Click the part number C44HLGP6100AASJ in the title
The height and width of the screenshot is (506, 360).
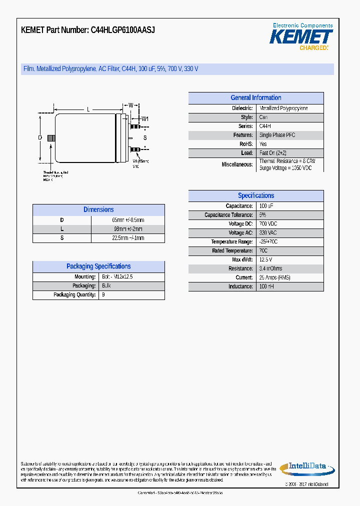122,30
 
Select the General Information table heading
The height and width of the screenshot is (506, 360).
255,98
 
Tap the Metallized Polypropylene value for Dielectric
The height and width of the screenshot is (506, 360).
283,108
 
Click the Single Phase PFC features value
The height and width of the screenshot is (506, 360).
277,135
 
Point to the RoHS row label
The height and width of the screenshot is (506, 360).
245,144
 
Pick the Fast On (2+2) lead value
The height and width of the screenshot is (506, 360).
272,153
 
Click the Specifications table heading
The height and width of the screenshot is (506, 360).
255,196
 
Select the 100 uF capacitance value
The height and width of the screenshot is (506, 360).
266,206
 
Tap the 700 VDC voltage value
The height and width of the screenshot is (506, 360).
268,224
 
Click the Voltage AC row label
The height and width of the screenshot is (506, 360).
240,233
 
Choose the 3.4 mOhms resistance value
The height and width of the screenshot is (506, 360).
270,268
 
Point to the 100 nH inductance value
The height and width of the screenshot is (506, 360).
266,286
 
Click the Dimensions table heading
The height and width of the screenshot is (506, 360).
98,210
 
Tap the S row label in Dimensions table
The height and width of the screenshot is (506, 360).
62,238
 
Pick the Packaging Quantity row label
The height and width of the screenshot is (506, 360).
74,295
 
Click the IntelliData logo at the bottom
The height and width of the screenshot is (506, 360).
303,467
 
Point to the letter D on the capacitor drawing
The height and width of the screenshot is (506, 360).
39,137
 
